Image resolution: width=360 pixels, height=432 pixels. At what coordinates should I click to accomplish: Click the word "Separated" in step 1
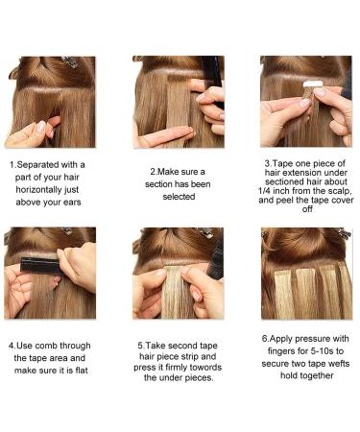click(37, 165)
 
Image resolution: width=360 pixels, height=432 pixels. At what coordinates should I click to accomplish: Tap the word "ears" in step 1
click(72, 203)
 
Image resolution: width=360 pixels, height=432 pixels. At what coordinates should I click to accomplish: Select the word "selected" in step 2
click(179, 197)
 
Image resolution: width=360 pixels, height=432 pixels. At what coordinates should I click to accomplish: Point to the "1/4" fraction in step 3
click(264, 191)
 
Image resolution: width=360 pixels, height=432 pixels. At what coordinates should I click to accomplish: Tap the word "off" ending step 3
click(307, 209)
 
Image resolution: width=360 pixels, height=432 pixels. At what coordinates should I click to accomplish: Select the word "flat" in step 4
click(82, 371)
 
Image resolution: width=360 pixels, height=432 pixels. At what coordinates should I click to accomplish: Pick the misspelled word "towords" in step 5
click(205, 367)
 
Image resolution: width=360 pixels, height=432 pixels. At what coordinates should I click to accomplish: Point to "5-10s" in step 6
click(322, 351)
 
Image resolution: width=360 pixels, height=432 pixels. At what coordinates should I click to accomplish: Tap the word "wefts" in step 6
click(339, 364)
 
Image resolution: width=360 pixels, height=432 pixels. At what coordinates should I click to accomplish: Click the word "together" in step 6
click(317, 375)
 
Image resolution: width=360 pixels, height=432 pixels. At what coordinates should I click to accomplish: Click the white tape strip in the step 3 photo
click(311, 84)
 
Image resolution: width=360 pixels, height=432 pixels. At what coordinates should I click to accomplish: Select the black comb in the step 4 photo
click(40, 266)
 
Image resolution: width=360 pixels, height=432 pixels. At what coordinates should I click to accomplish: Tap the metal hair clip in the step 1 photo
click(70, 61)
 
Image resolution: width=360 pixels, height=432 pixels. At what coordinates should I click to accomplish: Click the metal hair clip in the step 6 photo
click(344, 233)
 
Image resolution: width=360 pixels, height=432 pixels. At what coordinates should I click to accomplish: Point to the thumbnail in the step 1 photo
click(40, 127)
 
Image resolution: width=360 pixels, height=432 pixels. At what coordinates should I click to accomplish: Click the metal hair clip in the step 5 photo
click(206, 233)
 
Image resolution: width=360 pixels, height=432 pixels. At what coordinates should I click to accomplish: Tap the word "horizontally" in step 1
click(47, 190)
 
